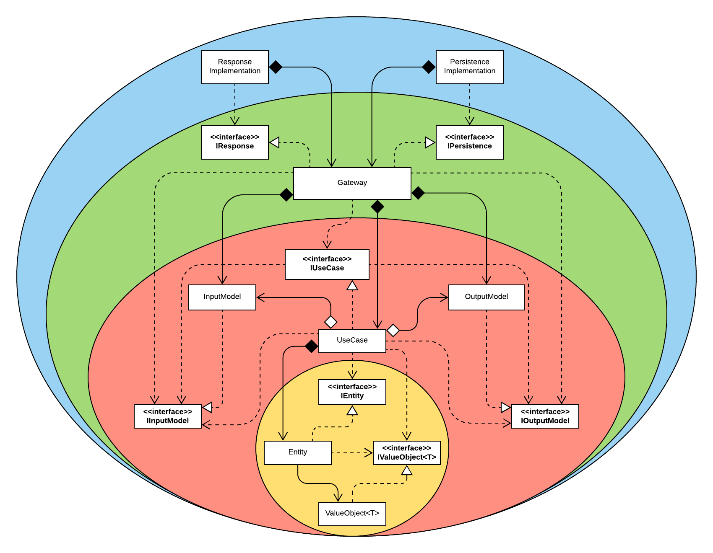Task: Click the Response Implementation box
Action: pos(235,67)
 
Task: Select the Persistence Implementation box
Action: pos(470,67)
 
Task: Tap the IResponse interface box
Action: pos(235,142)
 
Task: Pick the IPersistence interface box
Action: pos(470,142)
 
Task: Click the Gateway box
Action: pos(352,183)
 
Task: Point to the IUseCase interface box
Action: pos(327,264)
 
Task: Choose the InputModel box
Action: pos(222,297)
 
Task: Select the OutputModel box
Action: pos(487,297)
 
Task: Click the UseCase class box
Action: pos(352,341)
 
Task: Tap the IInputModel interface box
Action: pos(168,416)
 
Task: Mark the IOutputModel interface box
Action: pos(545,416)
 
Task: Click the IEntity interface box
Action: pos(352,392)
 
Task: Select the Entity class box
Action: pos(298,452)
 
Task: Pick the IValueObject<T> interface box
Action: pos(407,452)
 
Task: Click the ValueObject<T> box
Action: pos(352,514)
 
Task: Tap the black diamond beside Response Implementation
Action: pos(276,67)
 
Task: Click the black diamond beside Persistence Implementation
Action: pos(429,67)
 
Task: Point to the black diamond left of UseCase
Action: pos(311,346)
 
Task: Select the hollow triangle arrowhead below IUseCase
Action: pos(352,286)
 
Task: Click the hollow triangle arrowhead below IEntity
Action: pos(352,411)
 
